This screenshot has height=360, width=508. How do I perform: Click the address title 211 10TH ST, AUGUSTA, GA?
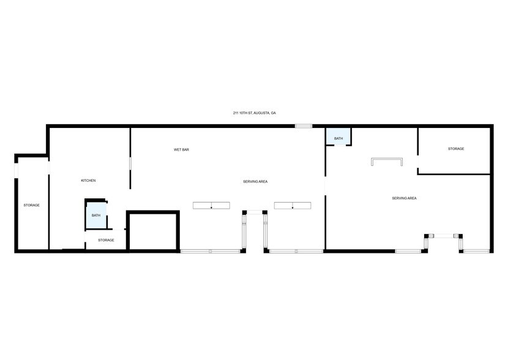pyautogui.click(x=254, y=113)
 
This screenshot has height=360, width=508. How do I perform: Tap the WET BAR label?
pyautogui.click(x=181, y=149)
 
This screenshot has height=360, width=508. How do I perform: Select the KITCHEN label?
pyautogui.click(x=89, y=181)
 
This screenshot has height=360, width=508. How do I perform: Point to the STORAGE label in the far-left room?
pyautogui.click(x=32, y=205)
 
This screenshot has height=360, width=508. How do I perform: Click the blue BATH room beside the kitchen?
pyautogui.click(x=96, y=216)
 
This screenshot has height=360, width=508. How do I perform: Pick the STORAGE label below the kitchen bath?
pyautogui.click(x=106, y=240)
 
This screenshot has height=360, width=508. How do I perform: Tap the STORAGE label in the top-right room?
pyautogui.click(x=456, y=149)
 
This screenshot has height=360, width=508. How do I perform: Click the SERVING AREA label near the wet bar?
pyautogui.click(x=255, y=181)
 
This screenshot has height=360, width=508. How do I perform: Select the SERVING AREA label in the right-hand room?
pyautogui.click(x=405, y=198)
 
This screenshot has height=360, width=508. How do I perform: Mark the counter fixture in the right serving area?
pyautogui.click(x=387, y=162)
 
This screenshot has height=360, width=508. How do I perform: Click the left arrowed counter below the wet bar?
pyautogui.click(x=211, y=205)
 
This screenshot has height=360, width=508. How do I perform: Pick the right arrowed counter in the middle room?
pyautogui.click(x=293, y=205)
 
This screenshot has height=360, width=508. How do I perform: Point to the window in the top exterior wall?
pyautogui.click(x=304, y=126)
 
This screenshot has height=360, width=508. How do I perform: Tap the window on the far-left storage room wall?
pyautogui.click(x=17, y=169)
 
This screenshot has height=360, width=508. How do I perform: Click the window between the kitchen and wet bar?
pyautogui.click(x=130, y=164)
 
